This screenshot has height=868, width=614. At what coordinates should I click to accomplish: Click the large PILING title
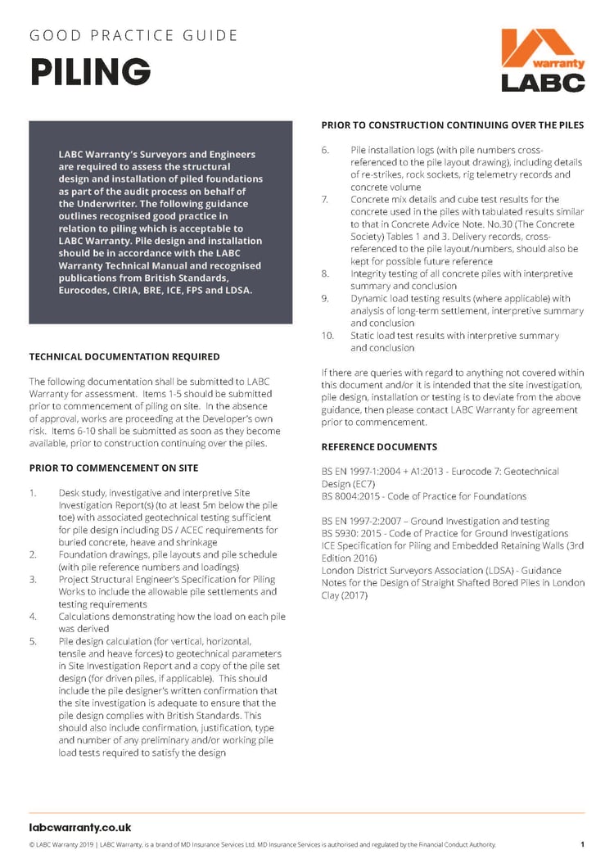click(90, 72)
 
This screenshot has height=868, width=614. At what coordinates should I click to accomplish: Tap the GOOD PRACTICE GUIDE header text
click(133, 36)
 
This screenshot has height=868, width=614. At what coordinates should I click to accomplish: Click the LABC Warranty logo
click(544, 61)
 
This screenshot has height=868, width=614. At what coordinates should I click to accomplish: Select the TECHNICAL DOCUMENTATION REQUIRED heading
click(124, 357)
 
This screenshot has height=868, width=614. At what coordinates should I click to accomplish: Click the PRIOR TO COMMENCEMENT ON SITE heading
click(113, 468)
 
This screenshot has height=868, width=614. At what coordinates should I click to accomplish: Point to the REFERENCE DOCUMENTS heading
click(379, 447)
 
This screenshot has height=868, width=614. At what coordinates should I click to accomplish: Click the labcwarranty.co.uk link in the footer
click(80, 827)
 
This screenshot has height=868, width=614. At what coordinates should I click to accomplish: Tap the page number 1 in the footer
click(582, 844)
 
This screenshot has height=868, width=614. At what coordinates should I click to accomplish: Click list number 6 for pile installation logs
click(325, 150)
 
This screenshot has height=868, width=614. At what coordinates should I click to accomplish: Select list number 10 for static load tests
click(327, 336)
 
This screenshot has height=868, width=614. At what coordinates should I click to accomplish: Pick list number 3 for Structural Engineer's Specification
click(33, 579)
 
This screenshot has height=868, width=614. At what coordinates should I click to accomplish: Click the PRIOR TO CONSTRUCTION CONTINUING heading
click(452, 125)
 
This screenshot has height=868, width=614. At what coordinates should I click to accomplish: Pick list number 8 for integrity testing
click(325, 274)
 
